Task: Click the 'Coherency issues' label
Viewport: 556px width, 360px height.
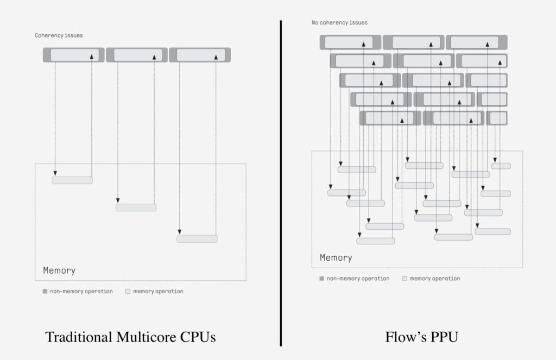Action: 59,36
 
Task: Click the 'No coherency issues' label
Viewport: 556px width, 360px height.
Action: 339,23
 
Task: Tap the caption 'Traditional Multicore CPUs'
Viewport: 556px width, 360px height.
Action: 130,337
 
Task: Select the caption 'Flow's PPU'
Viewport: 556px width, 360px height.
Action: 422,337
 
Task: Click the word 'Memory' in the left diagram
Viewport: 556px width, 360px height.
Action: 59,270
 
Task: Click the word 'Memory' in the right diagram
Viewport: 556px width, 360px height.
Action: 336,258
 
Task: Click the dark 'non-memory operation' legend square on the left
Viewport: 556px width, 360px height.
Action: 45,292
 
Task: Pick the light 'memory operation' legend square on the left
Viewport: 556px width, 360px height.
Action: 128,292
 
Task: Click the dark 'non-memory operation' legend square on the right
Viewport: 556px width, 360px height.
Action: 322,279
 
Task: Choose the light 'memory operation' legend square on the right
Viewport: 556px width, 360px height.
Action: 405,279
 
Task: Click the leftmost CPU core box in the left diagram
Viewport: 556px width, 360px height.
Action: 74,55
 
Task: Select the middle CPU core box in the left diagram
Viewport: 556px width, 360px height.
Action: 137,55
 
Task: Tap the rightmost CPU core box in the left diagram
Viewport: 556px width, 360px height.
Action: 200,55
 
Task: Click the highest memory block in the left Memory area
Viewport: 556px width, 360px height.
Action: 72,180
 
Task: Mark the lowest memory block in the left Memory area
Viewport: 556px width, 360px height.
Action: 197,239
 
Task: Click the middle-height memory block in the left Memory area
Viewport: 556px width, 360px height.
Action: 136,207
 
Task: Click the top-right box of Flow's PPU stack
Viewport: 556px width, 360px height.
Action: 476,42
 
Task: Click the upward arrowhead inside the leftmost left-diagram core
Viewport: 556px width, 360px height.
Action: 92,56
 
